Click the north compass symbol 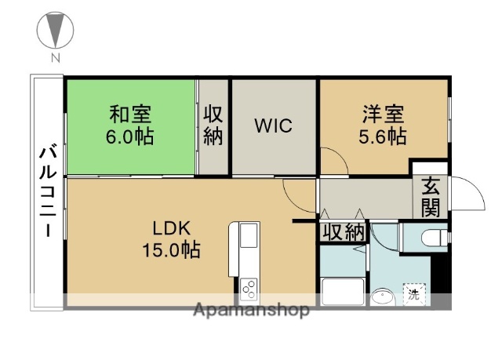click(55, 33)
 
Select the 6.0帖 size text click(131, 136)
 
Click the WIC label click(273, 125)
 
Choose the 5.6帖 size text click(383, 136)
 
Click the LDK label click(172, 229)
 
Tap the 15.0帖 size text click(172, 251)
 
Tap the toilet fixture click(431, 237)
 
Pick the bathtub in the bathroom click(342, 291)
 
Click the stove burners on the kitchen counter click(249, 289)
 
